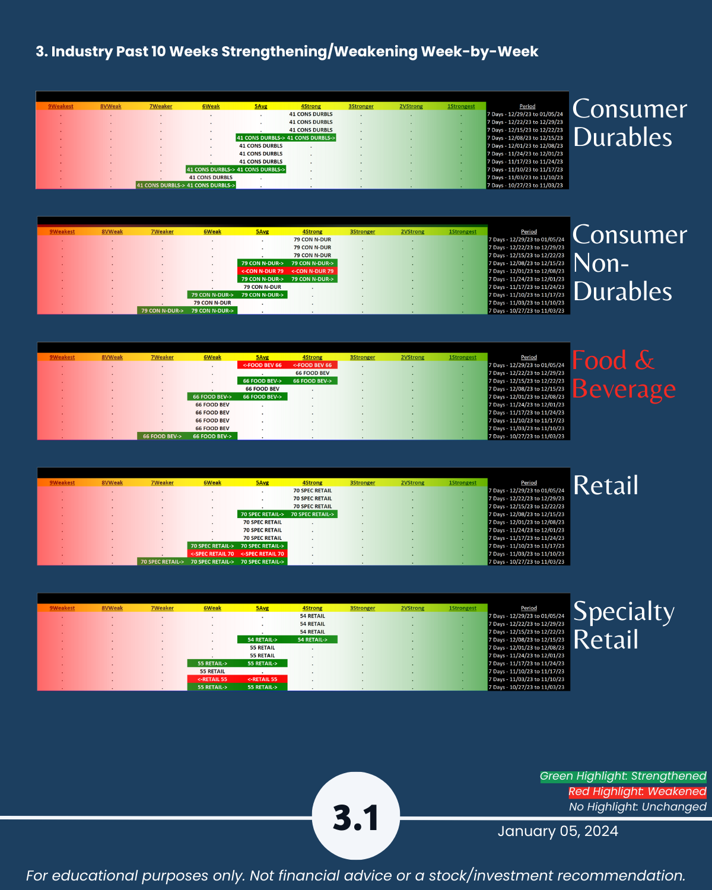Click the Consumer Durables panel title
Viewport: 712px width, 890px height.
click(629, 123)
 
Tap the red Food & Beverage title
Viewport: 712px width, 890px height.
click(623, 375)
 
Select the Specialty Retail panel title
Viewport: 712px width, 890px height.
click(623, 625)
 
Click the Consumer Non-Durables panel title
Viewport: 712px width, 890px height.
click(629, 263)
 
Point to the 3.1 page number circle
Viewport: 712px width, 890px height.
click(356, 816)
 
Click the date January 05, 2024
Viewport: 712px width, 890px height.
click(558, 831)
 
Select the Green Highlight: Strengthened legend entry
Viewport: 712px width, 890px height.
click(623, 776)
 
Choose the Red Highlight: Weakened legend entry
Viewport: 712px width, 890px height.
click(637, 792)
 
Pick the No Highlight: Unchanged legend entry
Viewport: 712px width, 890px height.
click(637, 807)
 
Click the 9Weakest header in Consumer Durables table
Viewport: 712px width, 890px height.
click(61, 106)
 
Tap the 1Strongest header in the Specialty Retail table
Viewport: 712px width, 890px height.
click(462, 608)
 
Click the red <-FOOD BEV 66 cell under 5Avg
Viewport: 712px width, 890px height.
click(262, 365)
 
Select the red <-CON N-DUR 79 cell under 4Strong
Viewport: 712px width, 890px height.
click(312, 271)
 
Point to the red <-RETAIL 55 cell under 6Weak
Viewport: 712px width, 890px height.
click(212, 679)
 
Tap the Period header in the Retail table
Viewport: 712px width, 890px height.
click(529, 483)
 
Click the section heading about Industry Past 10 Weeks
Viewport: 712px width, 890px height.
click(287, 52)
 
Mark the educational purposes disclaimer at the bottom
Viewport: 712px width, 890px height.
click(356, 876)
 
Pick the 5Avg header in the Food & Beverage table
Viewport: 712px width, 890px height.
click(262, 357)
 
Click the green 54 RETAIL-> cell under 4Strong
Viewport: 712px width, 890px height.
click(312, 640)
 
